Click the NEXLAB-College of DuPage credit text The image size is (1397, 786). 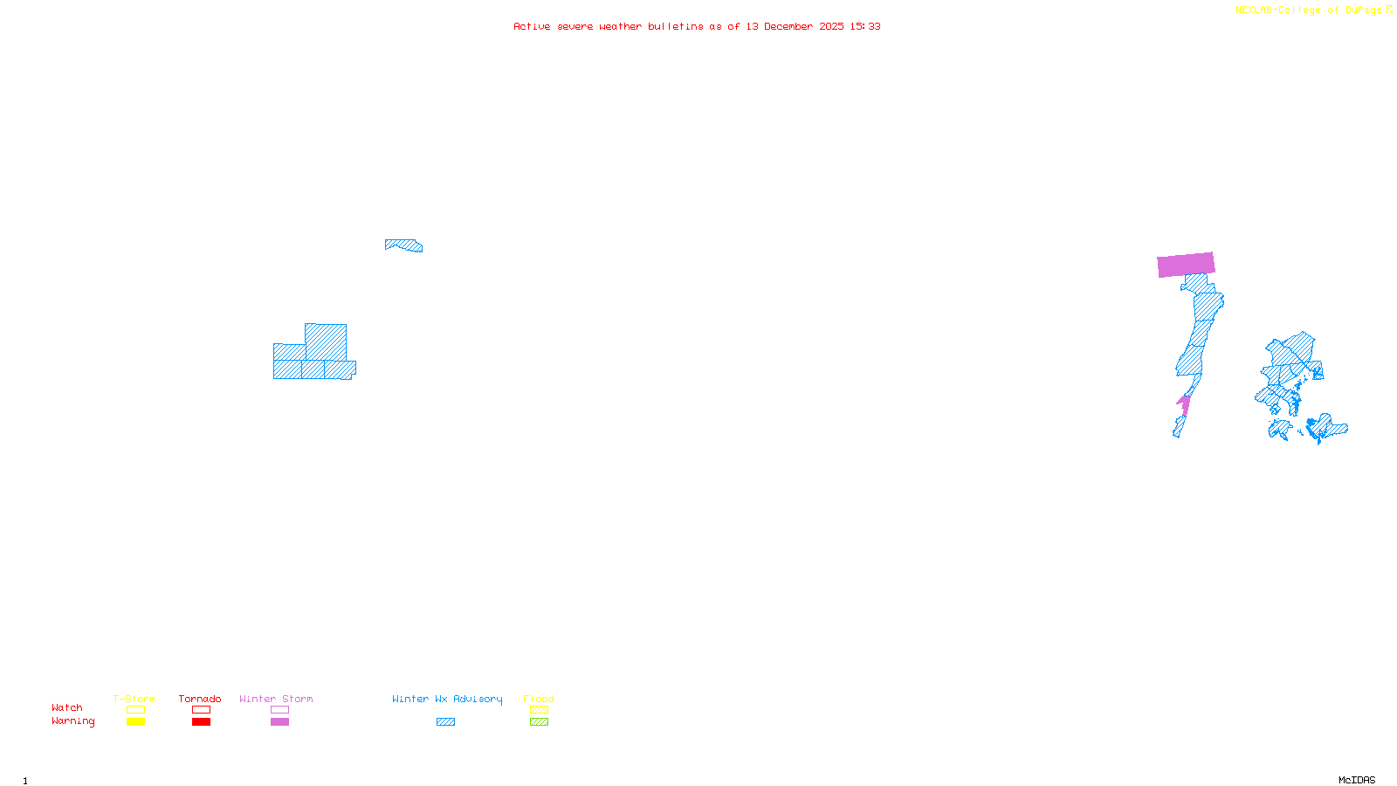click(x=1313, y=10)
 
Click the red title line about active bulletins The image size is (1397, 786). click(x=697, y=26)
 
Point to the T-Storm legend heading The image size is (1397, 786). click(x=134, y=699)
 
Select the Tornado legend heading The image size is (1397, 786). click(x=200, y=699)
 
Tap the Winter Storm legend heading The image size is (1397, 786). click(x=276, y=699)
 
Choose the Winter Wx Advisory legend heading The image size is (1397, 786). click(x=447, y=699)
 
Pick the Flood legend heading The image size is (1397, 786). click(x=539, y=699)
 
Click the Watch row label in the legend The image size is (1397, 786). click(x=67, y=707)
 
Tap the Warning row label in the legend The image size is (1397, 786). click(x=72, y=721)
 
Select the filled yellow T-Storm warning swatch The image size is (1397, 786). click(x=135, y=722)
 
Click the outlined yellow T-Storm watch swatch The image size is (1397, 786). click(x=135, y=710)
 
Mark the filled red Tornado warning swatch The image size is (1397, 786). click(x=201, y=722)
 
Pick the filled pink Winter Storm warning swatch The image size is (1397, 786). click(x=279, y=722)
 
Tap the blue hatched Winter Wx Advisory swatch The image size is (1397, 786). click(x=445, y=722)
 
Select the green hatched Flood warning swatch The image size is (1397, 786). click(x=539, y=722)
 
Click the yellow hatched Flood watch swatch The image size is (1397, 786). click(x=539, y=710)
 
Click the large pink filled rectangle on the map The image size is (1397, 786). click(x=1186, y=265)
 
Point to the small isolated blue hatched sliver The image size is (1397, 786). click(x=404, y=245)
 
